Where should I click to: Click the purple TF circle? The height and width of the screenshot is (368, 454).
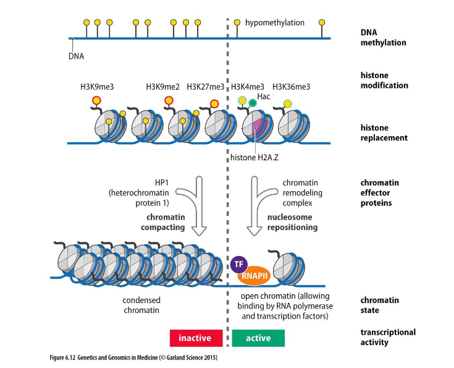(239, 264)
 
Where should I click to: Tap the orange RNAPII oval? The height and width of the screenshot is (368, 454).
(254, 275)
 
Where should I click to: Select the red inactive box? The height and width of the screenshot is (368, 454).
(196, 338)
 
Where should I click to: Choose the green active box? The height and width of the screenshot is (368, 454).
(258, 338)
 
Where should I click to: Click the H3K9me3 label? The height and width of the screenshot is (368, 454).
(97, 87)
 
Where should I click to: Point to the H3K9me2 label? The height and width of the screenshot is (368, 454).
(162, 87)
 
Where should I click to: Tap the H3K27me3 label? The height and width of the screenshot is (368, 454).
(205, 87)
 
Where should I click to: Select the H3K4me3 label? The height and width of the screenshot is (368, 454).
(248, 87)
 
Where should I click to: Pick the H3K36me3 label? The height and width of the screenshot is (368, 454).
(292, 87)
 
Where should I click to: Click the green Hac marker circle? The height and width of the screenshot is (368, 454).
(253, 103)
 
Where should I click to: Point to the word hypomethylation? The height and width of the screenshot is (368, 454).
(275, 23)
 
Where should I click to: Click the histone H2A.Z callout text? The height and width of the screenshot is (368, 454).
(254, 158)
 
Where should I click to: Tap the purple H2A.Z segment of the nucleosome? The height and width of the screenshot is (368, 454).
(258, 128)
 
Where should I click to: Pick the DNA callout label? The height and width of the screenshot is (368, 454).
(76, 56)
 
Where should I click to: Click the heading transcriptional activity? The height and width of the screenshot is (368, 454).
(388, 337)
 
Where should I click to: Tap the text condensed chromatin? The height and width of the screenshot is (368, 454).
(141, 305)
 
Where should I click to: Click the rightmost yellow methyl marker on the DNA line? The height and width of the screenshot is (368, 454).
(322, 22)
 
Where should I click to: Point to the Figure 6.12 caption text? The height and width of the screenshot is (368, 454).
(133, 357)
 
